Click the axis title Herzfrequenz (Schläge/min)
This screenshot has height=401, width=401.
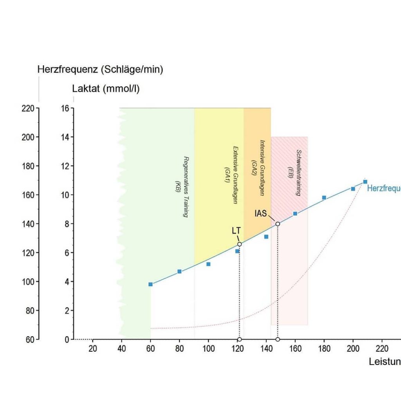point(100,70)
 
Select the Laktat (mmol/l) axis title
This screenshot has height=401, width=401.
point(106,89)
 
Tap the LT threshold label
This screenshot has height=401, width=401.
point(236,231)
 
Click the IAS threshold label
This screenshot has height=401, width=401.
point(260,214)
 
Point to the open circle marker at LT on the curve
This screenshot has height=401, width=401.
point(239,244)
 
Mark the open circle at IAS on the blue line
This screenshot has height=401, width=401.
point(278,224)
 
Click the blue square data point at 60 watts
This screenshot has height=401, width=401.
point(150,284)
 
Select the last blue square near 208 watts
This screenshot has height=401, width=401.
point(365,182)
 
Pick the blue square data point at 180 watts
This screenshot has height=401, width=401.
point(324,197)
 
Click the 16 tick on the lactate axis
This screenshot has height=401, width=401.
point(65,108)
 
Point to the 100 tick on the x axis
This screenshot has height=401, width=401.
point(208,349)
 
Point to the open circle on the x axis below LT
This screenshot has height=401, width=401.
point(239,339)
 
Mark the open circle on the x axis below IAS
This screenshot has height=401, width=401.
point(278,339)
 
